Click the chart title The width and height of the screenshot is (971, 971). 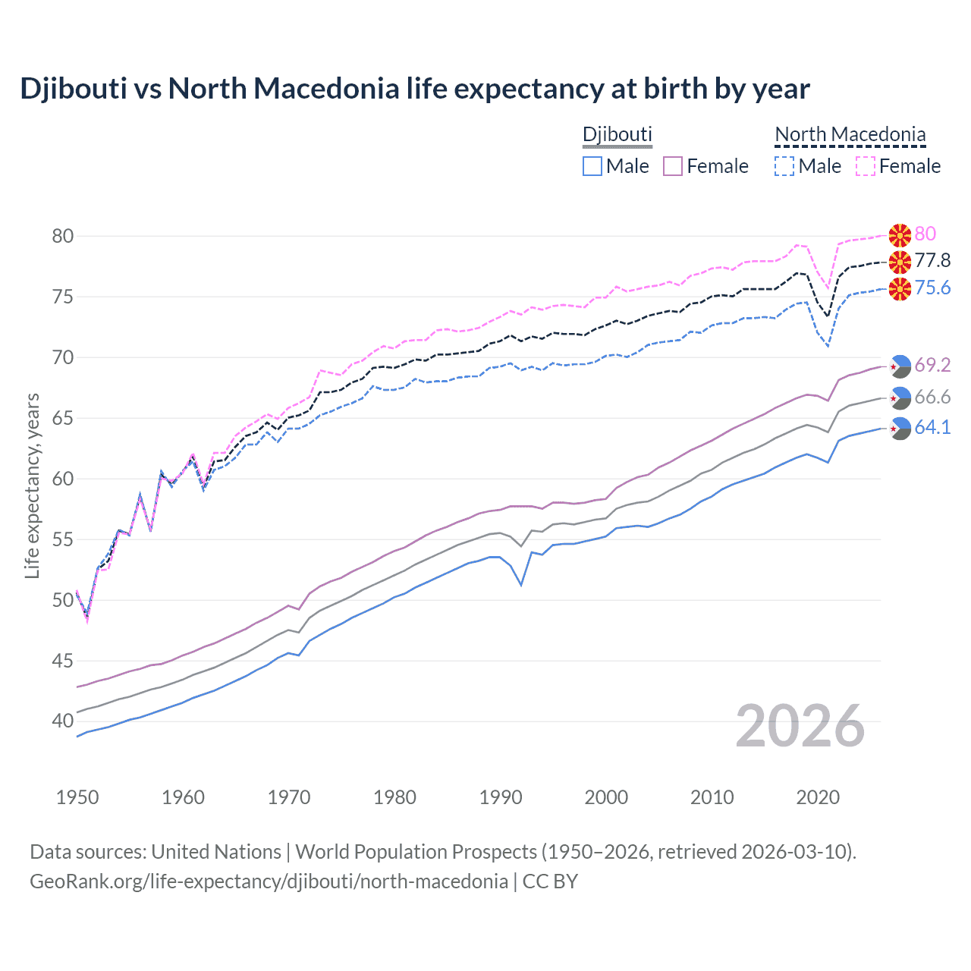(414, 89)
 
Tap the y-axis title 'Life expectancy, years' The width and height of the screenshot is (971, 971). (32, 485)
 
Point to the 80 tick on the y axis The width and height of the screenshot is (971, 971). (63, 236)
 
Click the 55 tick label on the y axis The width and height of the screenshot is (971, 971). (63, 539)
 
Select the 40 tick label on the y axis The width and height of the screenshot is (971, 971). (63, 721)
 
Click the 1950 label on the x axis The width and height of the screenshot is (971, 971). (77, 797)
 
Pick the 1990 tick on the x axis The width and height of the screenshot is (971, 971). (501, 797)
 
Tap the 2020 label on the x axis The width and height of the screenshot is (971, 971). (818, 797)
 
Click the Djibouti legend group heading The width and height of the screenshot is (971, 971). (617, 134)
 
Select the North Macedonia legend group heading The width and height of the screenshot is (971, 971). (850, 134)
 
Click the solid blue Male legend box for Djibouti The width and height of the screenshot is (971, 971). (592, 166)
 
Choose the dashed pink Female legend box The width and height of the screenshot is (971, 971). (866, 166)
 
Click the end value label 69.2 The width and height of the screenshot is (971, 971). (932, 365)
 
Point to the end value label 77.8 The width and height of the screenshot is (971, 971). (932, 261)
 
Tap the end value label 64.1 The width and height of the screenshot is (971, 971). (932, 427)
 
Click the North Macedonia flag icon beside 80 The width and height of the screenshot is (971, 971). (900, 235)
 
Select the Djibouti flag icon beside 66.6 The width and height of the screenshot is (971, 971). (900, 397)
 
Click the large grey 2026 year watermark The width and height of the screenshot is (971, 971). (800, 726)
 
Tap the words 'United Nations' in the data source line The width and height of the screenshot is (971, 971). (216, 852)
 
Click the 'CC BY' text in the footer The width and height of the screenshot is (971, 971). (550, 881)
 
